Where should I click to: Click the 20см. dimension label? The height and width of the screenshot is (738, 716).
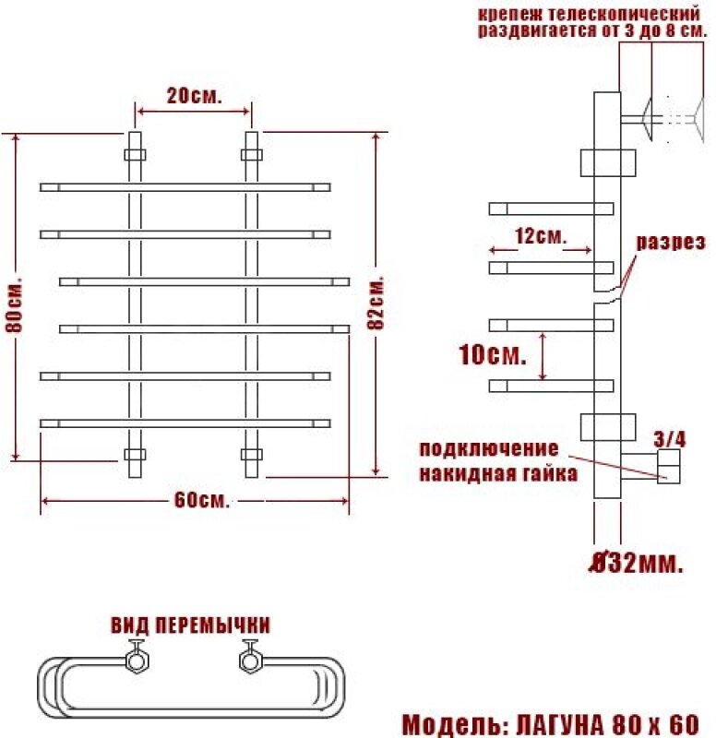pyautogui.click(x=194, y=95)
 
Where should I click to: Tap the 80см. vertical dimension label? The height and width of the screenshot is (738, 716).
pyautogui.click(x=14, y=304)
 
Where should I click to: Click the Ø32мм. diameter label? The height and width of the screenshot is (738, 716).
pyautogui.click(x=637, y=563)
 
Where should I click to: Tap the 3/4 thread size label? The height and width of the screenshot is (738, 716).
pyautogui.click(x=670, y=439)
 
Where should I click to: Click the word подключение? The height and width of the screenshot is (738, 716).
pyautogui.click(x=489, y=450)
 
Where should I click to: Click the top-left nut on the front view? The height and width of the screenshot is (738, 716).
pyautogui.click(x=134, y=153)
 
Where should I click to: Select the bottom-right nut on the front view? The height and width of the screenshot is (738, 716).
pyautogui.click(x=251, y=455)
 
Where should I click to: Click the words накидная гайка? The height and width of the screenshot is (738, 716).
pyautogui.click(x=498, y=474)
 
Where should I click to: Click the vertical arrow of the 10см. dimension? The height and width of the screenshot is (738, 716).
pyautogui.click(x=543, y=355)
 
